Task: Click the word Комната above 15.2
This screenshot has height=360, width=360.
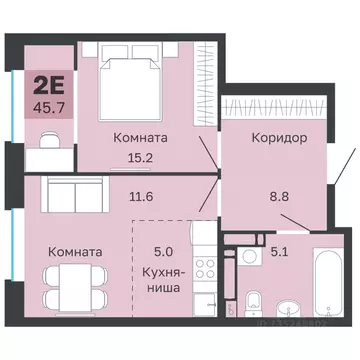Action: tap(140, 136)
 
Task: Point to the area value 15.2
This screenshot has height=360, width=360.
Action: tap(140, 155)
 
